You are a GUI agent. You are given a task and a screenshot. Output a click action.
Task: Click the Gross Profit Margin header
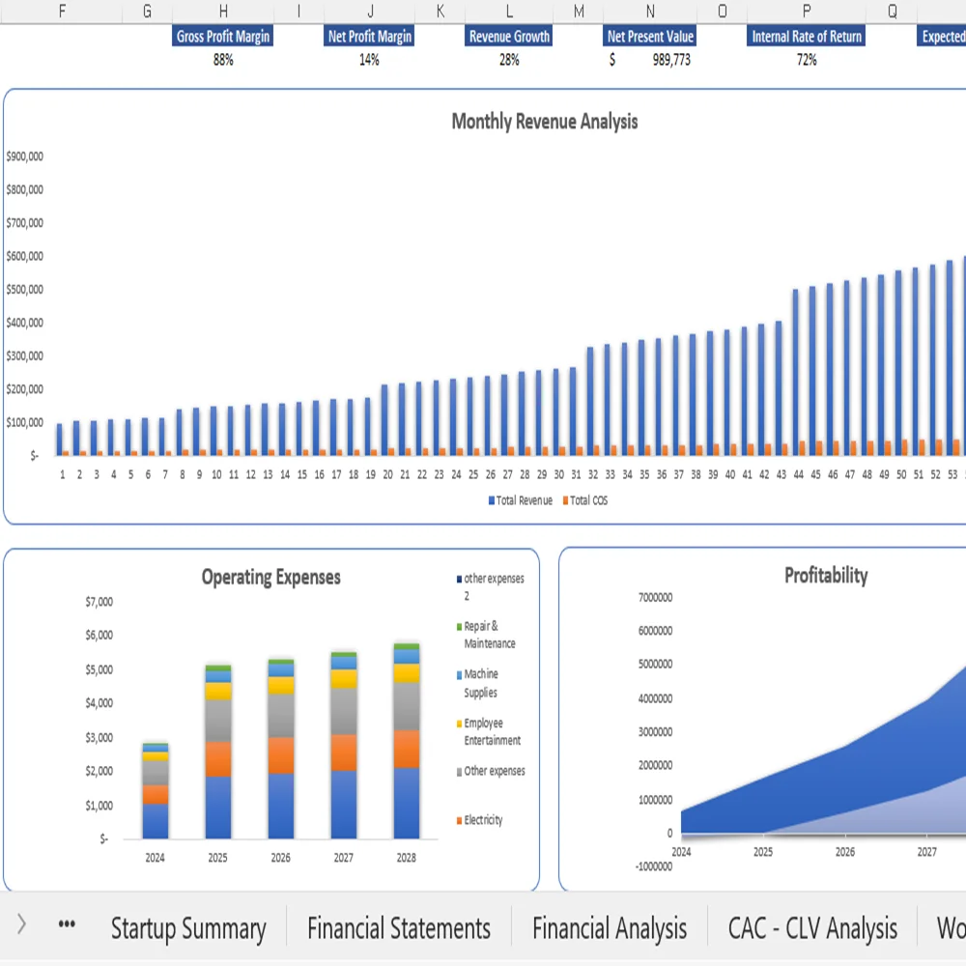pos(223,37)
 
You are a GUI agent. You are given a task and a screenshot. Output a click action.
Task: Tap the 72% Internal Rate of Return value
pos(807,60)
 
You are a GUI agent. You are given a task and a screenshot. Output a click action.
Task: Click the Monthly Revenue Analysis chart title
pos(545,122)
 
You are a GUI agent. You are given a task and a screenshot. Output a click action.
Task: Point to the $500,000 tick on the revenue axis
pos(24,290)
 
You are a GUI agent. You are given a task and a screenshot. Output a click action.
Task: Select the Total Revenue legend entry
pos(521,500)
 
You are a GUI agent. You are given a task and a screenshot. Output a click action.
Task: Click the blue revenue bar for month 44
pos(796,371)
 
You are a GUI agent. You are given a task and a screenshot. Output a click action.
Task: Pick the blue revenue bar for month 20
pos(384,419)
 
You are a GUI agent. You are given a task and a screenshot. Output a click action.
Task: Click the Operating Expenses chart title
pos(270,578)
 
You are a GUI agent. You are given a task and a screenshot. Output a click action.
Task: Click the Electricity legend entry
pos(483,820)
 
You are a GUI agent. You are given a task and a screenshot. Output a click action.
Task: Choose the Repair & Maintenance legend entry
pos(489,635)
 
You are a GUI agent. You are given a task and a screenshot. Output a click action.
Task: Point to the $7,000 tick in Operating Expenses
pos(99,602)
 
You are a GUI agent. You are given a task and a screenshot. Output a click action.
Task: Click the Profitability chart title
pos(826,576)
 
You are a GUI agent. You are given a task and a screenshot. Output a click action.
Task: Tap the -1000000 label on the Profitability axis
pos(654,866)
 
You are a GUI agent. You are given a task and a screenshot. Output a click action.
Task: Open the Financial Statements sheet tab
pos(399,929)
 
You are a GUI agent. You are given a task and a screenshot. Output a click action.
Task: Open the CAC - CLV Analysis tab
pos(812,929)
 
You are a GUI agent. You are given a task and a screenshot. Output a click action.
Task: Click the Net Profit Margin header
pos(369,37)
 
